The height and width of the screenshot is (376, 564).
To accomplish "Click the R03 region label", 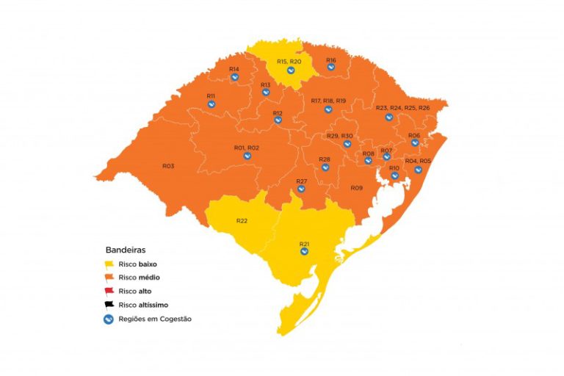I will coord(168,166).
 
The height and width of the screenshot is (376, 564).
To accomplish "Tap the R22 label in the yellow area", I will coord(242,221).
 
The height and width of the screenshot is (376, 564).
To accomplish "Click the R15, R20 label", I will coord(289,61).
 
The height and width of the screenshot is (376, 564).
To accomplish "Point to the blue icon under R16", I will coord(331,68).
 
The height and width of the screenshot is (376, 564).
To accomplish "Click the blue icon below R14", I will coord(235,77).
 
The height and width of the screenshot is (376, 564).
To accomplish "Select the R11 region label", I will coord(211,96).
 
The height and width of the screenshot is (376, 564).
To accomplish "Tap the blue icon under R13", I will coord(266,93).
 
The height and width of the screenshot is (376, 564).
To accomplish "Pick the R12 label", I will coord(278,113).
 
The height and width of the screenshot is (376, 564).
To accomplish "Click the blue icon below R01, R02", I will coord(247,156).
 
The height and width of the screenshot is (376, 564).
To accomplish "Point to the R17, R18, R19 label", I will coord(328,101).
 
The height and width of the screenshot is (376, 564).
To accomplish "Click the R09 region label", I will coord(356,188).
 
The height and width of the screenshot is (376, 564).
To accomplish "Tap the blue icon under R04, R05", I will coord(418,170).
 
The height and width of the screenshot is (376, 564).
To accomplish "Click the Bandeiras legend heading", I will coord(126,250).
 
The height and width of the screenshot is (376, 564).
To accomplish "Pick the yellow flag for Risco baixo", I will coord(109,264).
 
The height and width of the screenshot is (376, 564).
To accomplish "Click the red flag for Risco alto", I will coord(109,291).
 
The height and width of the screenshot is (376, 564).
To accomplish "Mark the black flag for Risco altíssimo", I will coord(109,304).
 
